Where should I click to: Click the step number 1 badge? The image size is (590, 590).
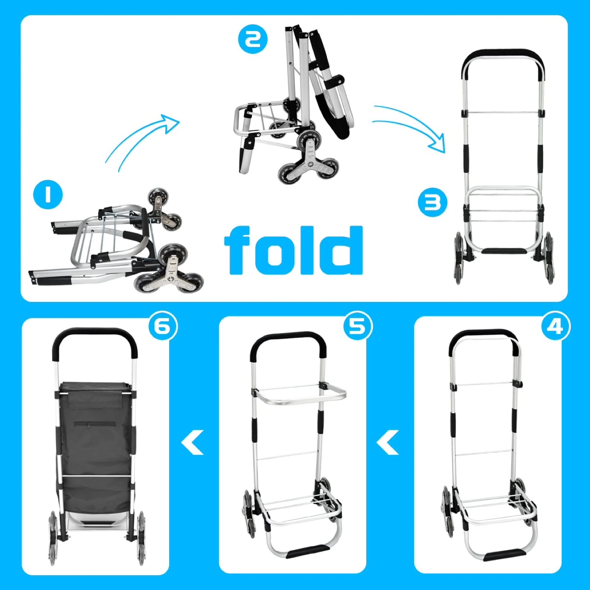[x=48, y=195]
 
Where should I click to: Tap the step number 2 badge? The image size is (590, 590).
[x=253, y=39]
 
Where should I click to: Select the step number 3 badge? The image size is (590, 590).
[x=432, y=202]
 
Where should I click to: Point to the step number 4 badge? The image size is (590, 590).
[x=556, y=327]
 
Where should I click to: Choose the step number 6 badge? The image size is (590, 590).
[x=163, y=326]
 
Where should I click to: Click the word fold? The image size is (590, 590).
[x=294, y=250]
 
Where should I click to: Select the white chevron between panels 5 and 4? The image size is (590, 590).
[x=388, y=442]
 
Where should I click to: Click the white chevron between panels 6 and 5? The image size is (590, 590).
[x=192, y=442]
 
